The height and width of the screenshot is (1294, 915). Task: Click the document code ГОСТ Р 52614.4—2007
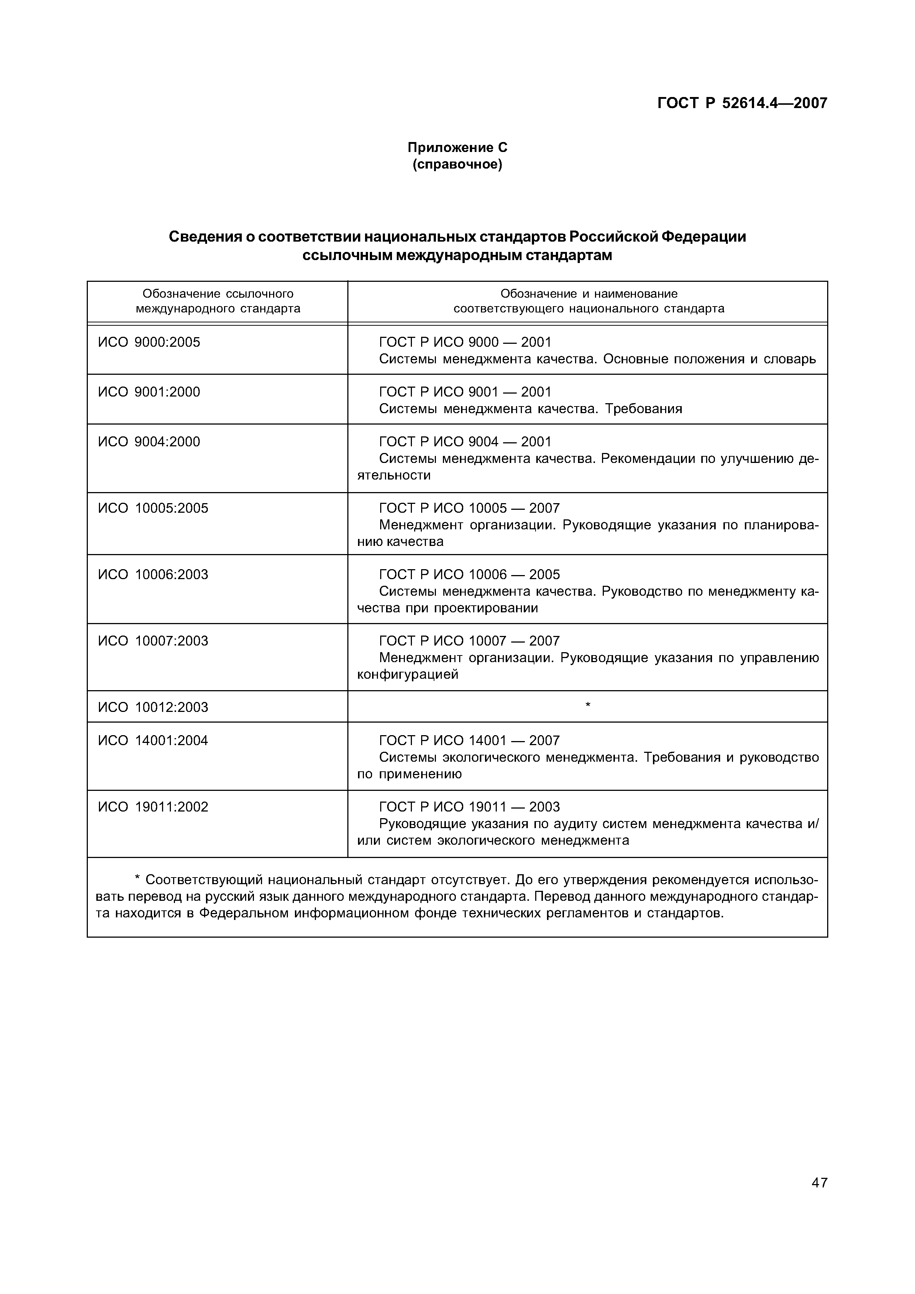[x=742, y=103]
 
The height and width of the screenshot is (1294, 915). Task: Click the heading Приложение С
[x=457, y=148]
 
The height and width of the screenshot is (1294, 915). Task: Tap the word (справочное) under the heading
[x=457, y=165]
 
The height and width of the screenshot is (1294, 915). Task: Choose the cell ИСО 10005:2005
[x=153, y=508]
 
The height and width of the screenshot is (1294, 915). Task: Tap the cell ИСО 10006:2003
[x=153, y=574]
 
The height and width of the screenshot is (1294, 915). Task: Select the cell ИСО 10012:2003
[x=153, y=707]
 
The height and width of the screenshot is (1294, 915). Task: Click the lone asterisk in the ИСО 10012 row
[x=588, y=705]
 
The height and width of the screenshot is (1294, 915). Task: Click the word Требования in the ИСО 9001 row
[x=643, y=409]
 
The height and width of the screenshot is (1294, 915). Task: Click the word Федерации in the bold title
[x=703, y=237]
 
